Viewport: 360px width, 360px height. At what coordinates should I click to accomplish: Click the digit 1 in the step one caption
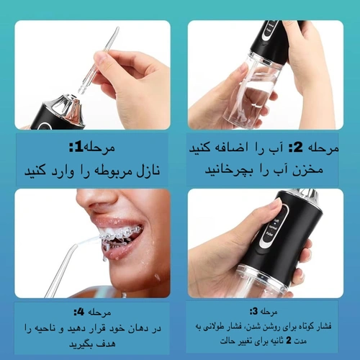pos(79,147)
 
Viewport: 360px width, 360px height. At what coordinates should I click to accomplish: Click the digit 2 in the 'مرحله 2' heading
pos(298,147)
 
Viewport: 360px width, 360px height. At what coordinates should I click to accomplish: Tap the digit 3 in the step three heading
pos(255,311)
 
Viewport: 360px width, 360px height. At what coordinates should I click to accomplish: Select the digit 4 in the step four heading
pos(81,312)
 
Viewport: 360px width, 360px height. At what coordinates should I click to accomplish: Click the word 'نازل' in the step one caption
pos(148,171)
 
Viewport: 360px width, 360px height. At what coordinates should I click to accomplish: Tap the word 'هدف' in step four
pos(107,343)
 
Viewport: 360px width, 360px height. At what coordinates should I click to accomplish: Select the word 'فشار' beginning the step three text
pos(325,326)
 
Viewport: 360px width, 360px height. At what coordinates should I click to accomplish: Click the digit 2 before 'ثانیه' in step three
pos(289,341)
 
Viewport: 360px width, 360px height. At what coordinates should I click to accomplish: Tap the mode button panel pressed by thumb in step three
pos(274,226)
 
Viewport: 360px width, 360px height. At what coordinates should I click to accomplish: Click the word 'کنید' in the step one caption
pos(35,171)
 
